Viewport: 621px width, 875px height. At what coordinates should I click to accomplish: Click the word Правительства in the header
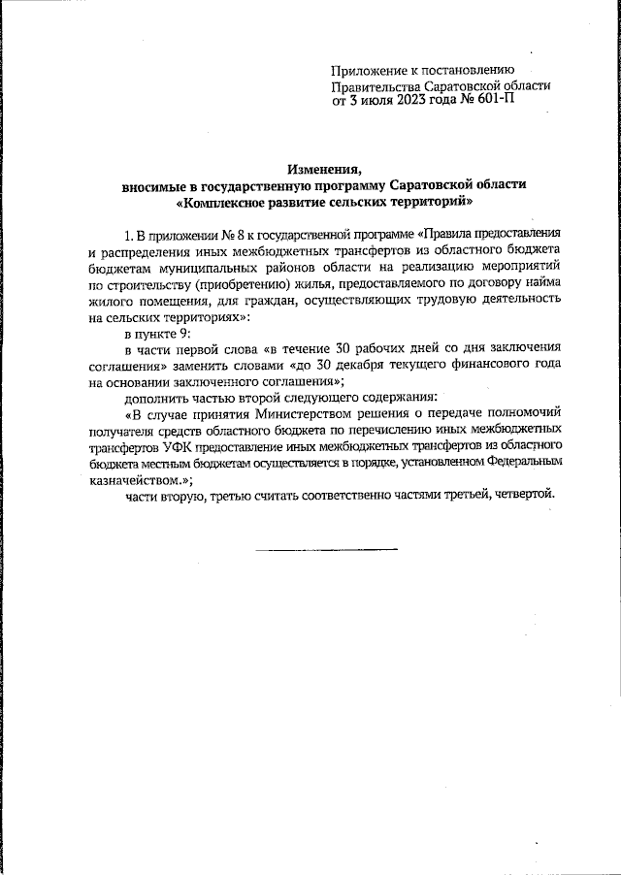tap(373, 84)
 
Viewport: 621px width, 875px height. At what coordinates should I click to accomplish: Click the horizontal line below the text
tap(327, 550)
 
